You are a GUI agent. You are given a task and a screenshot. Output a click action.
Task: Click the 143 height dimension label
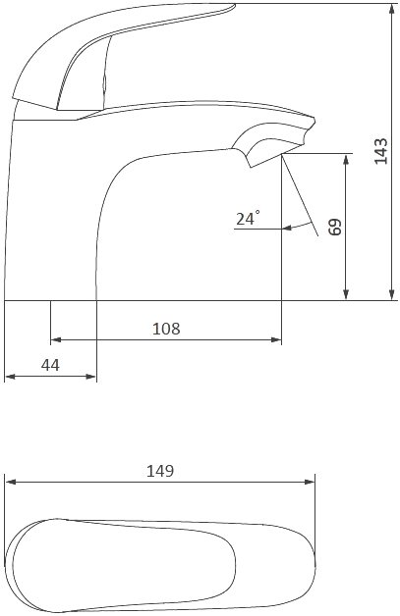pyautogui.click(x=380, y=151)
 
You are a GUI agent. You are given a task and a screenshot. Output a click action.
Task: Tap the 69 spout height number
pyautogui.click(x=335, y=227)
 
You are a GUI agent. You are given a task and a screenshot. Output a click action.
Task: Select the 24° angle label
pyautogui.click(x=248, y=218)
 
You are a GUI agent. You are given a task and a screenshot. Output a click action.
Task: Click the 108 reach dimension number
pyautogui.click(x=166, y=329)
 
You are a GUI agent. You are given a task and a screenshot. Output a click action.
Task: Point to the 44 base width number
pyautogui.click(x=50, y=365)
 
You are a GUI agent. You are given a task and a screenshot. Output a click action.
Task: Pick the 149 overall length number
pyautogui.click(x=160, y=470)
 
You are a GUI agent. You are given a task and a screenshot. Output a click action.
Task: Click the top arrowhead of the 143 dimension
pyautogui.click(x=392, y=9)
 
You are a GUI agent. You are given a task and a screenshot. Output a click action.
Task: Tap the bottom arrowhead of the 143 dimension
pyautogui.click(x=392, y=294)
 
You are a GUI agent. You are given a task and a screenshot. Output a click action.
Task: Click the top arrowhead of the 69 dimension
pyautogui.click(x=346, y=160)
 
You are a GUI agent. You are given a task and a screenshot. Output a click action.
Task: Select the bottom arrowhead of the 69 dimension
pyautogui.click(x=346, y=294)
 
